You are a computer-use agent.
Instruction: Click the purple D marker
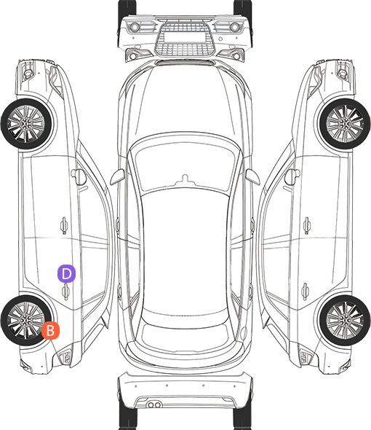66,273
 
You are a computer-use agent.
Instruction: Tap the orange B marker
50,330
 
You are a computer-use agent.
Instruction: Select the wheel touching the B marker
25,320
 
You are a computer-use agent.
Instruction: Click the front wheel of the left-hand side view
25,124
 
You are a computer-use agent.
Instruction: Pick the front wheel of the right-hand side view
346,124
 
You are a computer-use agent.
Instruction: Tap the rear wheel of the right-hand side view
345,320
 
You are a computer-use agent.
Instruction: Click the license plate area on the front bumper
185,37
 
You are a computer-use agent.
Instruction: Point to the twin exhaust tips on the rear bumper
154,404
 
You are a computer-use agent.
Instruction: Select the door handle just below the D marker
65,292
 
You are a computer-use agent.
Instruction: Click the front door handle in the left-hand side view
64,226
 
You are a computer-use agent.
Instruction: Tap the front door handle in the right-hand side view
307,226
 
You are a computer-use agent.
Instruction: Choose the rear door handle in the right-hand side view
305,291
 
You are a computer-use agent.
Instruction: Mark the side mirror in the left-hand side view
79,177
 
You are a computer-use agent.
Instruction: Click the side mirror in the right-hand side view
292,177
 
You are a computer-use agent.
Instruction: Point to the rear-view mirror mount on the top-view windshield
185,179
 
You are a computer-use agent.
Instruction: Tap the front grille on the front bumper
185,39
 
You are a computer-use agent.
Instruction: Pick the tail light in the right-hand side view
306,356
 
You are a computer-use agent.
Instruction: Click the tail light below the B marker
65,356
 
